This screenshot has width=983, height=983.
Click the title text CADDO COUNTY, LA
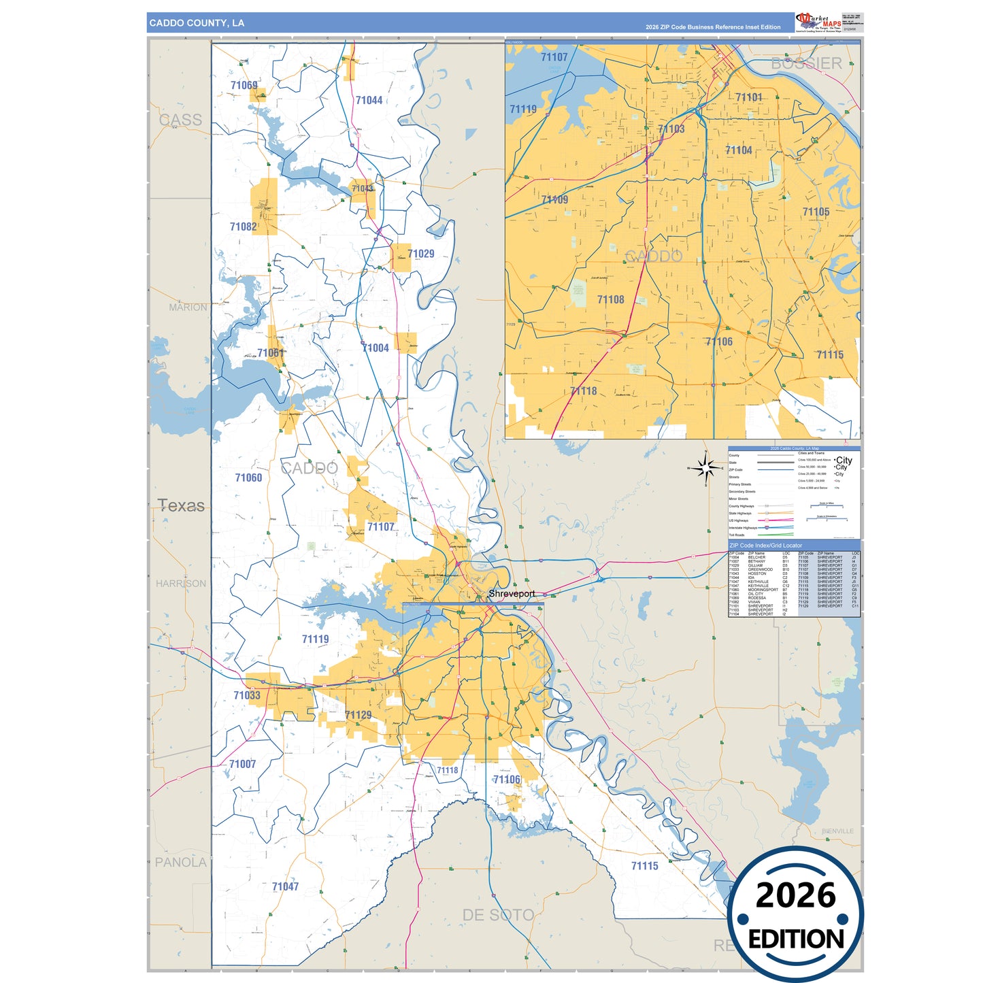click(x=197, y=23)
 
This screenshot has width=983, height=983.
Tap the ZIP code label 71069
click(x=244, y=86)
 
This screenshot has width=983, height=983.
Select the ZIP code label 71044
click(x=369, y=101)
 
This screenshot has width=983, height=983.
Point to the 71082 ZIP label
click(x=243, y=227)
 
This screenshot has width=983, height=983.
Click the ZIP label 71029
click(x=420, y=254)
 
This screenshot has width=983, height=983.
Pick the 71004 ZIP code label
click(x=376, y=348)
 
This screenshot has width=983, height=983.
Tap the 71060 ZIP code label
click(x=248, y=478)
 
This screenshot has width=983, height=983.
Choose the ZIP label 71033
click(x=246, y=695)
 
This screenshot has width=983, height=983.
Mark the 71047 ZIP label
click(x=285, y=886)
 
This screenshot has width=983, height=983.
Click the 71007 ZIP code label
click(x=242, y=764)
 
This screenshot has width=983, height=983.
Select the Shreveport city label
click(x=512, y=594)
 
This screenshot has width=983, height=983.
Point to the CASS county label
click(x=180, y=120)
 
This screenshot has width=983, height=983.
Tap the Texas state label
click(x=181, y=505)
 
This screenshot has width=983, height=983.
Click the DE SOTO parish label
click(x=498, y=915)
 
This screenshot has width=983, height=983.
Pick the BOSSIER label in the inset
click(x=806, y=64)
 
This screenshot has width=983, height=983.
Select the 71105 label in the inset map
click(x=816, y=212)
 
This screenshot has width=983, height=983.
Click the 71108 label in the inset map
click(x=610, y=299)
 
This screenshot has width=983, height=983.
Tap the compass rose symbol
click(x=705, y=468)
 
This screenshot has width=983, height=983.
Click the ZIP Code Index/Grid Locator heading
click(x=765, y=546)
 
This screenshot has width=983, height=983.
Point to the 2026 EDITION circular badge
click(x=795, y=914)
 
